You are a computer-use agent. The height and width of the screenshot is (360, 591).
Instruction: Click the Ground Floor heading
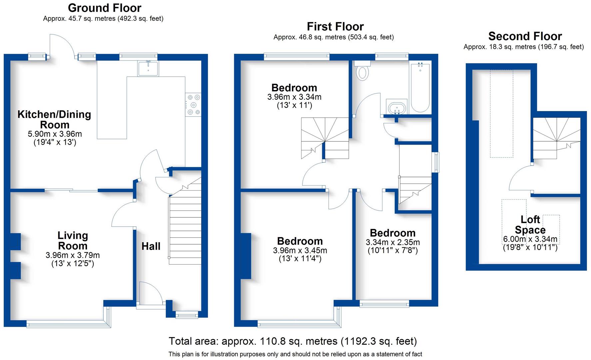click(104, 8)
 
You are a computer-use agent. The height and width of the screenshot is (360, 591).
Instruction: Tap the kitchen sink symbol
click(148, 69)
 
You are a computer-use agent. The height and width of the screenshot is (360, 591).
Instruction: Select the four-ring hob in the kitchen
click(194, 104)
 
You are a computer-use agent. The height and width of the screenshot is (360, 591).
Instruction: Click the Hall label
click(151, 246)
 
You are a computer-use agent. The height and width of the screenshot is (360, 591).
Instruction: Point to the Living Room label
click(73, 241)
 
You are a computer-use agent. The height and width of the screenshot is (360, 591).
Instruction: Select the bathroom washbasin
click(396, 108)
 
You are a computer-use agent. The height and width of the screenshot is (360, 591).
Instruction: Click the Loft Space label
click(530, 225)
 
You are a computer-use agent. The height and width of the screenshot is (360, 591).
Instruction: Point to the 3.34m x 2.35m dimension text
click(393, 242)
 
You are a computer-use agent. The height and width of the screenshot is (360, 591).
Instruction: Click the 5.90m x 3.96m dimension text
click(55, 134)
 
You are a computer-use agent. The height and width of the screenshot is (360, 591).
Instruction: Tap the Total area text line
click(293, 341)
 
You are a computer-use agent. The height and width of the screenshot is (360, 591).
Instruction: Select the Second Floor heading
click(525, 36)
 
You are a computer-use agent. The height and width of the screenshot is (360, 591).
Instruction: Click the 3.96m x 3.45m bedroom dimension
click(300, 250)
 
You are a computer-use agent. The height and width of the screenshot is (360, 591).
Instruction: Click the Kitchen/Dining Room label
click(54, 119)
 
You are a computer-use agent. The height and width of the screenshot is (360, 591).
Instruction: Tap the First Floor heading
click(335, 26)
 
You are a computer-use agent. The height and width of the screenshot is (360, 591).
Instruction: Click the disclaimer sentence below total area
click(295, 354)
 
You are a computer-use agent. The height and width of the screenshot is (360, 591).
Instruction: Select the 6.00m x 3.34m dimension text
click(530, 239)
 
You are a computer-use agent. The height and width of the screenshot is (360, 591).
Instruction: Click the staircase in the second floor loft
click(556, 138)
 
